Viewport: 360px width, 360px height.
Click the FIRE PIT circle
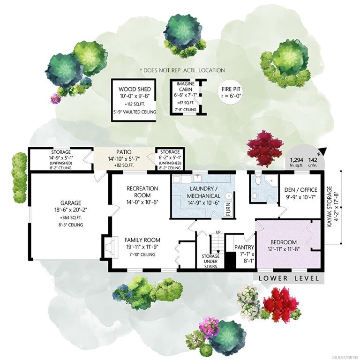[231, 92]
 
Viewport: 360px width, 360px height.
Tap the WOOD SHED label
[135, 89]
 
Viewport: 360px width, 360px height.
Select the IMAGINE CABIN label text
[186, 87]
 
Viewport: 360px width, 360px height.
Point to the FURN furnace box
[228, 209]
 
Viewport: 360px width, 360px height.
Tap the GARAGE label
[71, 203]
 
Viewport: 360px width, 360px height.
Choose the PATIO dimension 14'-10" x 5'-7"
[124, 158]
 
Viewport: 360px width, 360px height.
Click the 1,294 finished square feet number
[296, 160]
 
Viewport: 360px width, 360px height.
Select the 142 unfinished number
[313, 160]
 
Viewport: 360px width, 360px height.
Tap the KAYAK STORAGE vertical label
[330, 207]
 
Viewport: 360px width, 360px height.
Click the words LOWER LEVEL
[289, 278]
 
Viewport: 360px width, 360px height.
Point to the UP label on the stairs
[218, 232]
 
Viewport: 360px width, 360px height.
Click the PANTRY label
[244, 247]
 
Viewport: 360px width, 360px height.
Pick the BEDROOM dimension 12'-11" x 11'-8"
[284, 249]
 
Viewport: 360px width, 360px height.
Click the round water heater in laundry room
[229, 196]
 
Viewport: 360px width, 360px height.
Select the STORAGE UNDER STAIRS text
[210, 261]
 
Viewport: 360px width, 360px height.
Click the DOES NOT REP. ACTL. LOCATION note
[182, 70]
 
